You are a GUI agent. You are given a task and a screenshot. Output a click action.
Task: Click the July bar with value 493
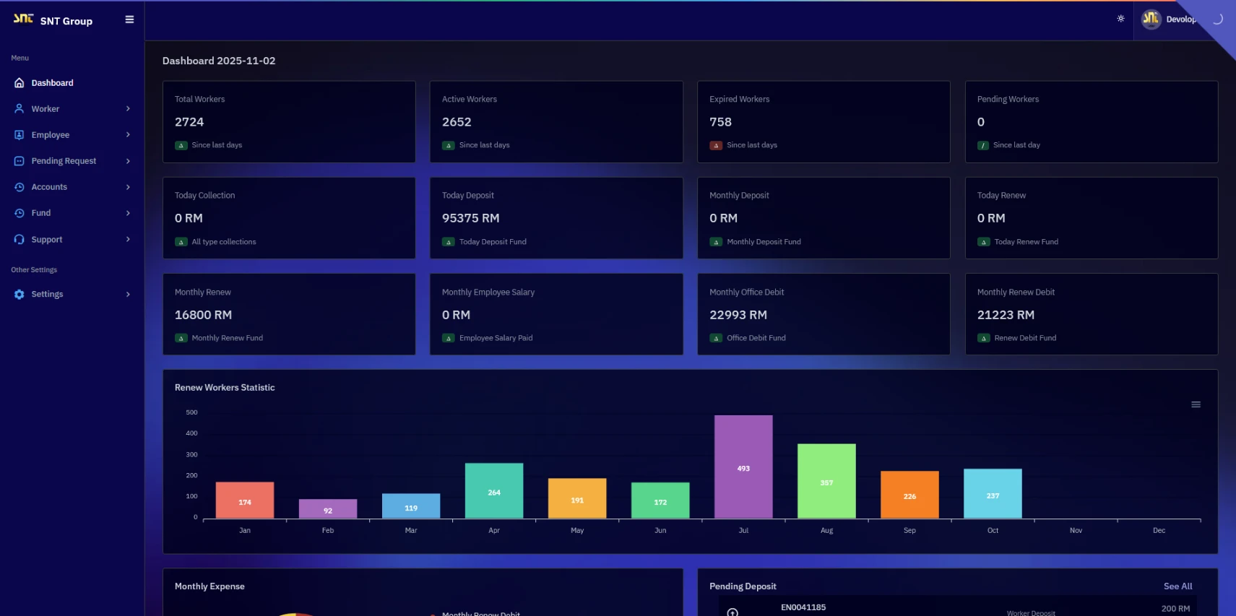point(743,467)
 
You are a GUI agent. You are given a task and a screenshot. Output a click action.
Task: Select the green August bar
point(826,481)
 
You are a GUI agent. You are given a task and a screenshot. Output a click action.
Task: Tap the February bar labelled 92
point(328,508)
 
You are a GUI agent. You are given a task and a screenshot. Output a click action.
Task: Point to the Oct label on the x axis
point(993,530)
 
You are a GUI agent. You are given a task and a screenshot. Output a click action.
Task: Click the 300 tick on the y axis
point(191,454)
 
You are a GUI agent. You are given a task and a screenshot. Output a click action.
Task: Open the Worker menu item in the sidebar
point(46,109)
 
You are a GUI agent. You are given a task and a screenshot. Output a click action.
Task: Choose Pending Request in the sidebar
point(64,161)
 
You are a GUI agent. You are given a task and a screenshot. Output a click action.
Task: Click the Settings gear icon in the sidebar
point(20,295)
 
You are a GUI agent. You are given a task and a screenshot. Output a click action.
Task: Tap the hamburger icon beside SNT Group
point(129,19)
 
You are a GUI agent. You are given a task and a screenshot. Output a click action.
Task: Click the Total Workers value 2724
point(189,122)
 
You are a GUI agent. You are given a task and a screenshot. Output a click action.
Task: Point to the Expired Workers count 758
point(720,122)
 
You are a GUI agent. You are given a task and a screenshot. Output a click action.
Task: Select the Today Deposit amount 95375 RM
point(470,218)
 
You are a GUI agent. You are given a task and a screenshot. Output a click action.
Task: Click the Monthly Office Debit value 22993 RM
point(738,315)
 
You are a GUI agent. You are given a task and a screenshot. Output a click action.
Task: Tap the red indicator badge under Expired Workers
point(716,145)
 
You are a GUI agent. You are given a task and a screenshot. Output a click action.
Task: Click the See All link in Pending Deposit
point(1177,586)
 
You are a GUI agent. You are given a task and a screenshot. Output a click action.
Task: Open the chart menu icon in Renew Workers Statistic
point(1196,404)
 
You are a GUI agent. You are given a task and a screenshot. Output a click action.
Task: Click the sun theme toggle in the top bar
point(1120,19)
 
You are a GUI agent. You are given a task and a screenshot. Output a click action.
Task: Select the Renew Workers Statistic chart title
point(225,388)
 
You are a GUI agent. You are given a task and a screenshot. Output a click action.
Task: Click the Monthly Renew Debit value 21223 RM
point(1006,315)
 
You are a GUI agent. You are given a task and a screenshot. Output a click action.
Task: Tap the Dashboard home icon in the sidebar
point(20,83)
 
